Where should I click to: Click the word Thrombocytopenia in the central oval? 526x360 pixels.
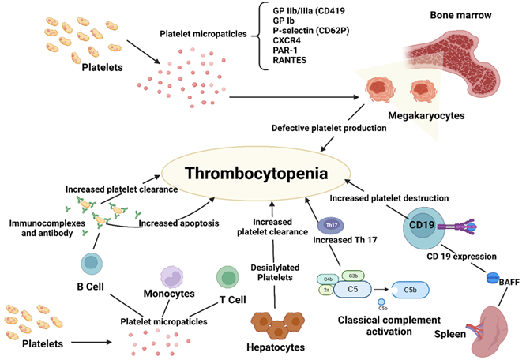pos(257,174)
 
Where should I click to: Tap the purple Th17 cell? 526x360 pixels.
pos(331,225)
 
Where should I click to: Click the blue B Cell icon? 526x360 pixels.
pos(92,264)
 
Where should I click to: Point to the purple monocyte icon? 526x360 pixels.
pos(171,277)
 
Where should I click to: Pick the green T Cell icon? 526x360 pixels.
pos(227,277)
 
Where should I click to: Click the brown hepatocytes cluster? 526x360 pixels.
pos(278,324)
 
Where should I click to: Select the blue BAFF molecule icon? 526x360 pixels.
pos(493,278)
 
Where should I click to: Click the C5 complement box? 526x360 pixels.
pos(352,289)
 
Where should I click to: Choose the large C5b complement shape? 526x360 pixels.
pos(410,290)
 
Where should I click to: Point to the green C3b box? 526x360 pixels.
pos(353,276)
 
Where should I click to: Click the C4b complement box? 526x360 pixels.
pos(328,279)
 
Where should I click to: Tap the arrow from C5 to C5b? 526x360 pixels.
pos(381,289)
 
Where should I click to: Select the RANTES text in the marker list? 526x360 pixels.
pos(290,60)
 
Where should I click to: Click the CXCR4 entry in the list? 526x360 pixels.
pos(287,40)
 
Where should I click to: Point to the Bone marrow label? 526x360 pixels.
pos(460,15)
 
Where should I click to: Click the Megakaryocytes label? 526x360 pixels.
pos(426,115)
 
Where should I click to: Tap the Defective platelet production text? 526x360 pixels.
pos(329,128)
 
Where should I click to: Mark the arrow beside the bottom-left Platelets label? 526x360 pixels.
pos(92,342)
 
